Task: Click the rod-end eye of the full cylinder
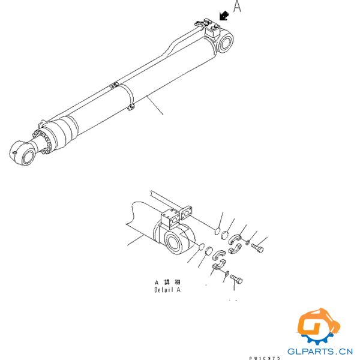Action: tap(25, 154)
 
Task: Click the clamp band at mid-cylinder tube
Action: tap(129, 97)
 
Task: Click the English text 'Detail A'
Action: tap(167, 289)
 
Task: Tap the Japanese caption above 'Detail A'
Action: tap(167, 281)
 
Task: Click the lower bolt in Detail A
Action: tap(236, 281)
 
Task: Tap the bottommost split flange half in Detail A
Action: tap(218, 267)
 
